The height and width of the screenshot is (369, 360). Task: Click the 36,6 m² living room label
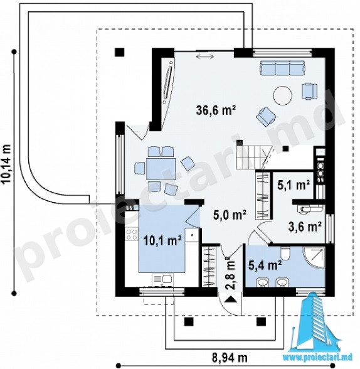[x=216, y=110]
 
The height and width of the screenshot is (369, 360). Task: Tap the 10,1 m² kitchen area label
[x=162, y=240]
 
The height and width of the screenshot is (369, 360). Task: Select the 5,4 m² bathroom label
[x=265, y=265]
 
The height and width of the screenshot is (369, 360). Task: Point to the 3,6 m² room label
[x=305, y=227]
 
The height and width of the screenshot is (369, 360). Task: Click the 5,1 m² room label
[x=294, y=185]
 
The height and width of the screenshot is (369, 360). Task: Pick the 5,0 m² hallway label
[x=230, y=215]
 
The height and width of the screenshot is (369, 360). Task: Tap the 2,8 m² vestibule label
[x=230, y=273]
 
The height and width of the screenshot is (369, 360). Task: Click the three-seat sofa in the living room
[x=282, y=68]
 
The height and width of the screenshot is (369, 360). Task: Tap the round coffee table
[x=283, y=95]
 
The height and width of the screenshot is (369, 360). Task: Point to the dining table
[x=161, y=169]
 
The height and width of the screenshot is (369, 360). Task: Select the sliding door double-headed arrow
[x=205, y=56]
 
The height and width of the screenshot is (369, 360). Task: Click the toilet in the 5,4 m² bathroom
[x=285, y=253]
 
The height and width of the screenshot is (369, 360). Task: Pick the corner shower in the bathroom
[x=314, y=257]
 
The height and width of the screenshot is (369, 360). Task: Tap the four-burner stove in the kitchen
[x=132, y=234]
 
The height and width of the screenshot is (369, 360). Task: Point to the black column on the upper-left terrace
[x=119, y=52]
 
